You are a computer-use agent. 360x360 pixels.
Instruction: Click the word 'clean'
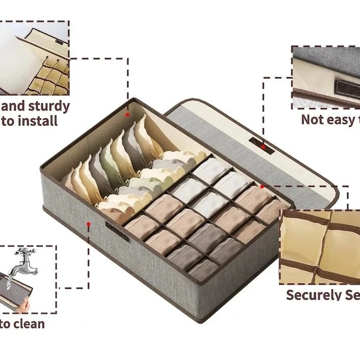pyautogui.click(x=27, y=324)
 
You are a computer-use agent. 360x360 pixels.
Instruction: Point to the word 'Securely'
pyautogui.click(x=312, y=295)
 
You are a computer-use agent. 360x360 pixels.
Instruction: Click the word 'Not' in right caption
pyautogui.click(x=313, y=120)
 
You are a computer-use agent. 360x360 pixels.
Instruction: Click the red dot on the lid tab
pyautogui.click(x=263, y=147)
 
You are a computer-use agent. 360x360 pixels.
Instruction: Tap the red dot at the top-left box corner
pyautogui.click(x=127, y=115)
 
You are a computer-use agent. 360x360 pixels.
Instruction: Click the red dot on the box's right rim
pyautogui.click(x=262, y=187)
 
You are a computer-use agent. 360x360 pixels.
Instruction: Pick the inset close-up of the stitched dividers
pyautogui.click(x=320, y=246)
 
